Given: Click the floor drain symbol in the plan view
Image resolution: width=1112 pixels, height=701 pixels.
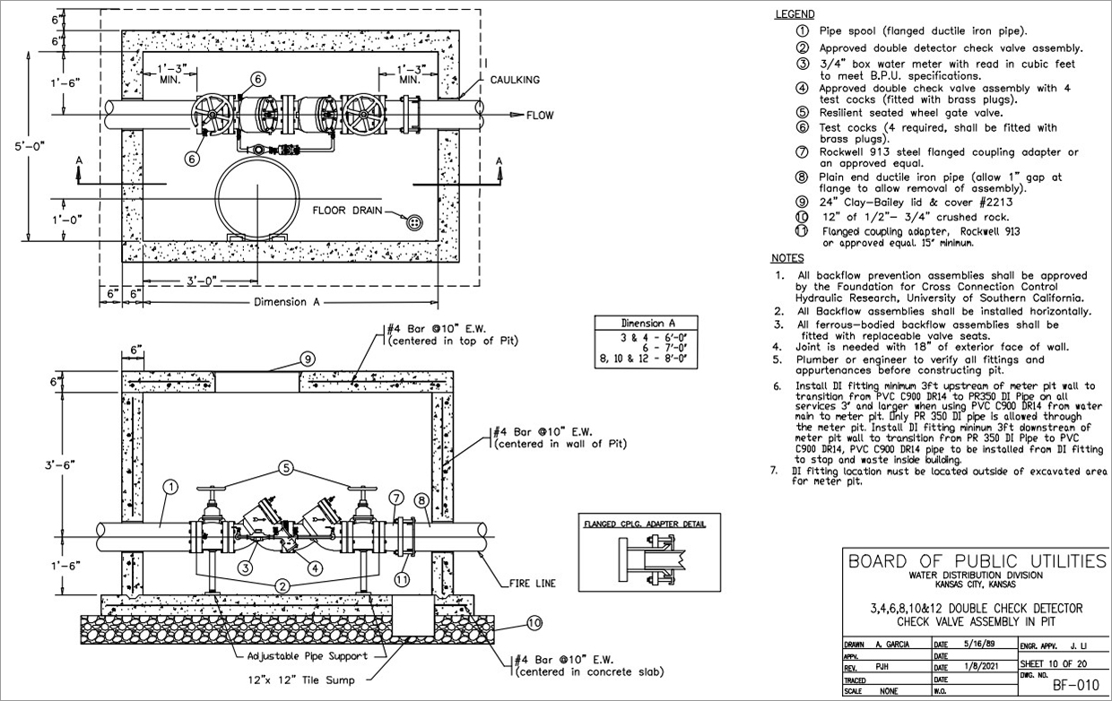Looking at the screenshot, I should click(x=414, y=221).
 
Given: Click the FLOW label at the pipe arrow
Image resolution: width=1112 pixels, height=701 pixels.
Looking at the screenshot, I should click(x=541, y=115).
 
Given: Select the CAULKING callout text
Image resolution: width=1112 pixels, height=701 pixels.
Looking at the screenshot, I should click(x=515, y=80).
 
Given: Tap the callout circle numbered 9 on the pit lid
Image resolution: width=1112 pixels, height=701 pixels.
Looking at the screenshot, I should click(x=307, y=359).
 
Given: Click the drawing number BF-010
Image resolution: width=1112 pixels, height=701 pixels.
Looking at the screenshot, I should click(x=1074, y=686).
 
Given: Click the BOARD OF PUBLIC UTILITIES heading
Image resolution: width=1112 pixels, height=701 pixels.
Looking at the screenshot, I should click(x=977, y=562).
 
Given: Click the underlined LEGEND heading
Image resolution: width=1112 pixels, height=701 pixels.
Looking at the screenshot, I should click(x=794, y=14).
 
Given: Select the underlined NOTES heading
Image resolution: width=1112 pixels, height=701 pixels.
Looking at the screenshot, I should click(x=788, y=258).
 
